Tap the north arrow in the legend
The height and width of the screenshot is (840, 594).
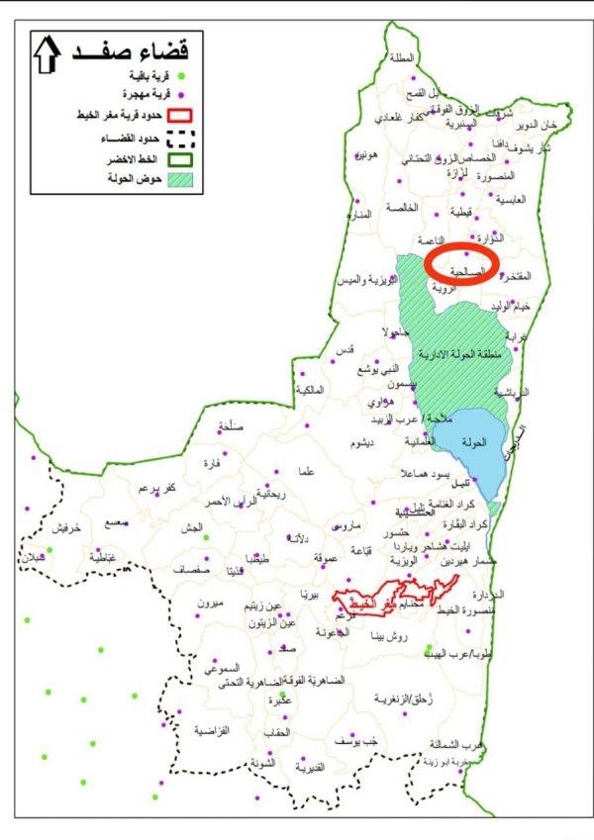(48, 55)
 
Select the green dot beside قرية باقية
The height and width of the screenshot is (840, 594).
(181, 75)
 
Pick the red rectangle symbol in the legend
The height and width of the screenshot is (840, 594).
(181, 117)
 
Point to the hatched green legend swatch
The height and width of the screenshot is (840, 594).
(181, 179)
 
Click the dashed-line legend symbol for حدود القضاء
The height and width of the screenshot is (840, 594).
(181, 138)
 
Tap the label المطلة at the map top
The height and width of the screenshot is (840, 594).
(401, 56)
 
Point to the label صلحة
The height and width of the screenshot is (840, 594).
(229, 429)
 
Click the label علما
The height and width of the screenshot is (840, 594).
(306, 472)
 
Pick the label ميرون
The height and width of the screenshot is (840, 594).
(212, 603)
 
